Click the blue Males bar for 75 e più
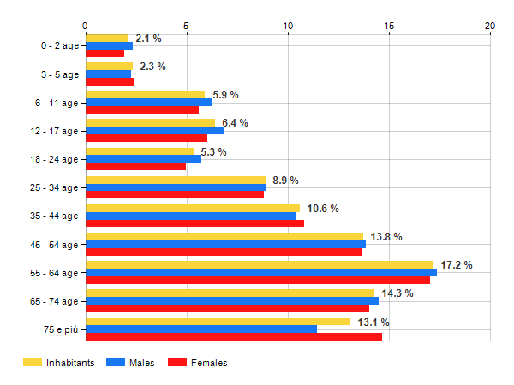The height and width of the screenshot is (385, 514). [201, 329]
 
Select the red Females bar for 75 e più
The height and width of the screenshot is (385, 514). [234, 337]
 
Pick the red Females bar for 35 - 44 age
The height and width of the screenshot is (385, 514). [194, 223]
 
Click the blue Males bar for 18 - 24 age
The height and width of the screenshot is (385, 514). [143, 158]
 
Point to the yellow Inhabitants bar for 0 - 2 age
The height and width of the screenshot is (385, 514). [107, 38]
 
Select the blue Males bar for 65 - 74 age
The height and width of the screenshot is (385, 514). [232, 300]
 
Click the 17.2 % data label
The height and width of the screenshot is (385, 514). [457, 265]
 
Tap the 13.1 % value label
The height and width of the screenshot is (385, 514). [373, 323]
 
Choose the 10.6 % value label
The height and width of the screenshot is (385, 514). [323, 209]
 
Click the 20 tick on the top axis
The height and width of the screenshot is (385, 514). [490, 26]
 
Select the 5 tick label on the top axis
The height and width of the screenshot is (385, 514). [187, 26]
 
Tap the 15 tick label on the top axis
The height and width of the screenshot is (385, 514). [389, 26]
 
